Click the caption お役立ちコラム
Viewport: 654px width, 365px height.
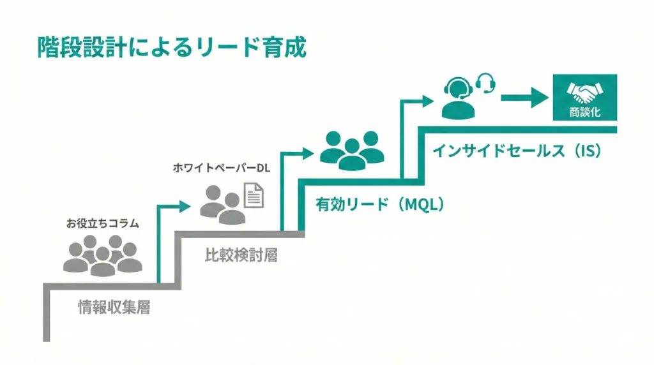pyautogui.click(x=102, y=223)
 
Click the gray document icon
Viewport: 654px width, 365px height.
pyautogui.click(x=254, y=195)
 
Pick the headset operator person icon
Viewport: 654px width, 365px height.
pyautogui.click(x=458, y=99)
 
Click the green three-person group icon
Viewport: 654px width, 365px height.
pyautogui.click(x=352, y=151)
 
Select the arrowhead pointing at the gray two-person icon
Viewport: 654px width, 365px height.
pyautogui.click(x=185, y=205)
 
